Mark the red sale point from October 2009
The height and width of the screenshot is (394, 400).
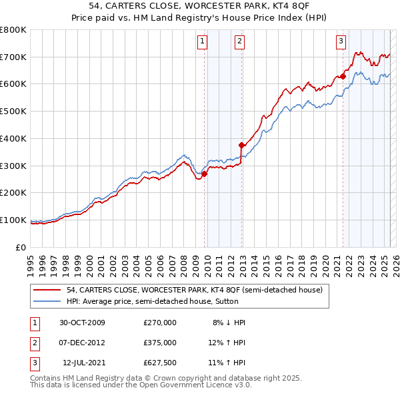point(205,174)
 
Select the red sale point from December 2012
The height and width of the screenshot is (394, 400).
point(242,144)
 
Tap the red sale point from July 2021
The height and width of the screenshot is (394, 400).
point(343,76)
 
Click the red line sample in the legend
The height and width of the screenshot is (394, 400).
point(47,290)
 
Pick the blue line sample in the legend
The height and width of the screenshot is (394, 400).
point(47,301)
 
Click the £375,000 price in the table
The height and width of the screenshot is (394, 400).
point(160,343)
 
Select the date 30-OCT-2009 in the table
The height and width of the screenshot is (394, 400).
point(83,323)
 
